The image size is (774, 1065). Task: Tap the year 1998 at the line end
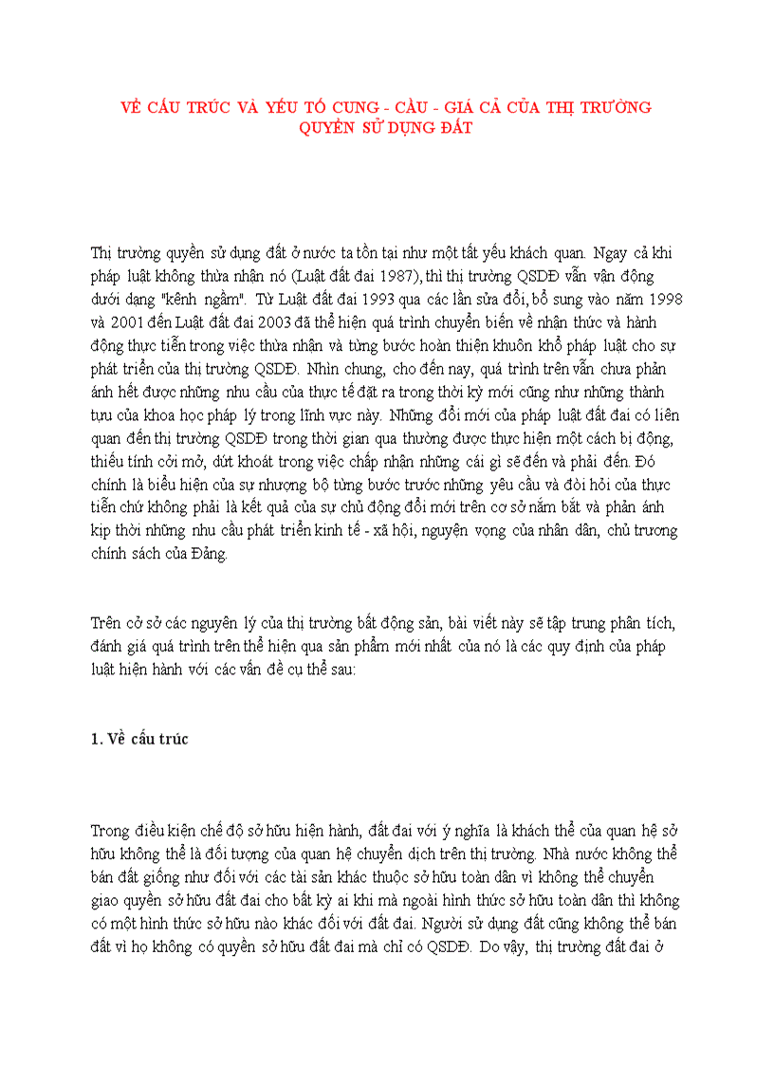coord(662,298)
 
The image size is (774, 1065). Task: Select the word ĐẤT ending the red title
coord(451,128)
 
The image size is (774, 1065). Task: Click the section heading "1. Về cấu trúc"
coord(139,739)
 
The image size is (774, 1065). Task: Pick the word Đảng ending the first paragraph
coord(209,554)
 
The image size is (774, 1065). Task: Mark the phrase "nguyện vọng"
coord(481,530)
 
